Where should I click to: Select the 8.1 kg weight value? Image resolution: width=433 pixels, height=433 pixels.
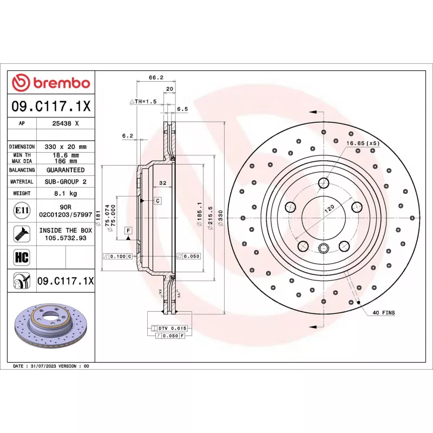(65, 193)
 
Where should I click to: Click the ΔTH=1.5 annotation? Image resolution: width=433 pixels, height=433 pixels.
(143, 102)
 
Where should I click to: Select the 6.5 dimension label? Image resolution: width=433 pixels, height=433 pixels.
(182, 109)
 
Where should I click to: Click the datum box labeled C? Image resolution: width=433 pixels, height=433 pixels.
(158, 201)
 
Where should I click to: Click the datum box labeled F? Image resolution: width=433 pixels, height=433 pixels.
(128, 231)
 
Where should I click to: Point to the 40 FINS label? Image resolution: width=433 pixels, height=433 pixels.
(383, 313)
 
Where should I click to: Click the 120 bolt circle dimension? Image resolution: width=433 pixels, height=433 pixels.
(329, 209)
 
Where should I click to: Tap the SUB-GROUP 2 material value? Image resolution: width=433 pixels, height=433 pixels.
(65, 182)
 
